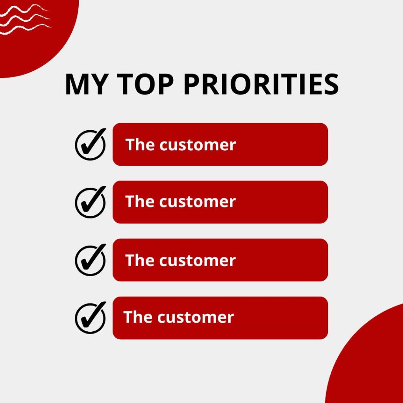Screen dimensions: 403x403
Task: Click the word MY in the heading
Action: pyautogui.click(x=85, y=84)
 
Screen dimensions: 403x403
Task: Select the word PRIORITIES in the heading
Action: pyautogui.click(x=261, y=84)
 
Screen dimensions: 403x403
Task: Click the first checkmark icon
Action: pyautogui.click(x=91, y=144)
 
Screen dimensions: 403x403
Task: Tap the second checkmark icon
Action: pyautogui.click(x=91, y=202)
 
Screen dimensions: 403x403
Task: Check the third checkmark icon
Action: pyautogui.click(x=91, y=260)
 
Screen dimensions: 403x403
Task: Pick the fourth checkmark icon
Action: pyautogui.click(x=91, y=318)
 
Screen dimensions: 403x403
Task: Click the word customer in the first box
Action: pyautogui.click(x=198, y=145)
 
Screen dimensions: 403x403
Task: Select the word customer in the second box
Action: pyautogui.click(x=198, y=202)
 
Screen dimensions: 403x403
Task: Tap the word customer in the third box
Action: pyautogui.click(x=198, y=261)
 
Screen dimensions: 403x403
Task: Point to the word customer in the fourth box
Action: pyautogui.click(x=196, y=318)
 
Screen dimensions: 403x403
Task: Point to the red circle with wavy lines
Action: pyautogui.click(x=39, y=52)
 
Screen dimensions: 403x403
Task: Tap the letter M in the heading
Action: pyautogui.click(x=76, y=84)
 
